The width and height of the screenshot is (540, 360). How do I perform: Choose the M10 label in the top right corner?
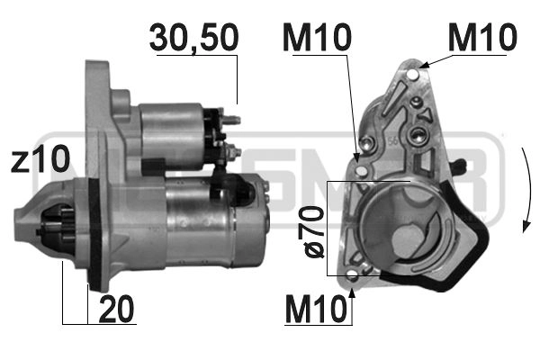[482, 38]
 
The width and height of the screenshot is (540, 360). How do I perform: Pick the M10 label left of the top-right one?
[316, 38]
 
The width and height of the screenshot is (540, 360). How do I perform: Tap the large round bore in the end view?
[397, 224]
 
